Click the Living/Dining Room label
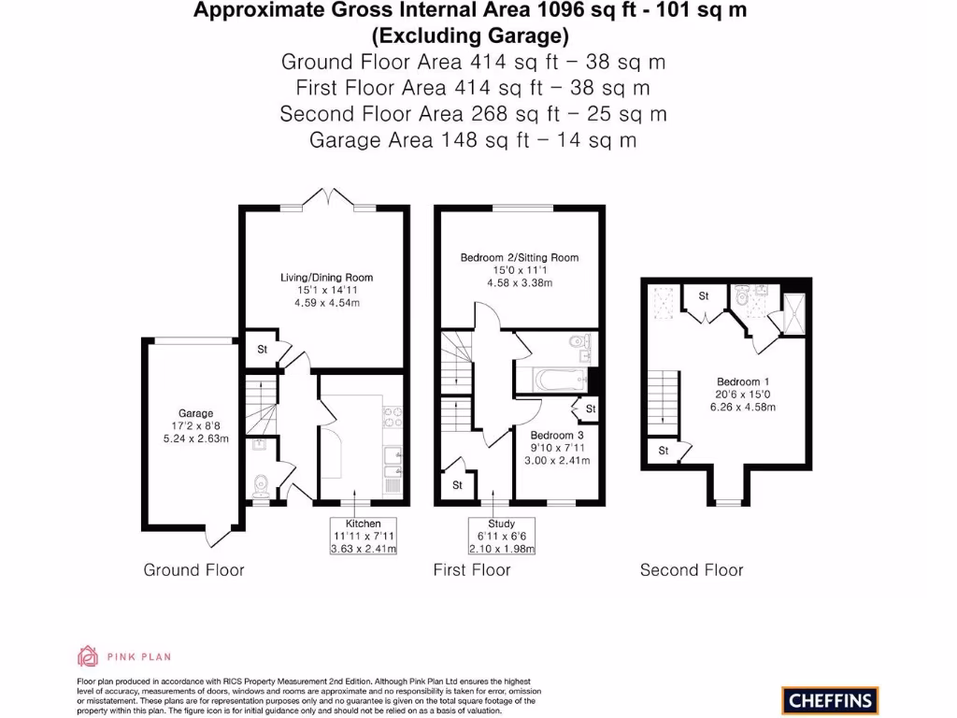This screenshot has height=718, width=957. [x=326, y=278]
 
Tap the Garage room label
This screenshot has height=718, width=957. [x=195, y=413]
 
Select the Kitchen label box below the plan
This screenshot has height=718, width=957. [x=364, y=536]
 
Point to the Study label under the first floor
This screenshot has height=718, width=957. [x=501, y=536]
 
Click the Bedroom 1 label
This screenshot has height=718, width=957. [x=743, y=381]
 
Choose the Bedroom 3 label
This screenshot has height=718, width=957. [x=556, y=436]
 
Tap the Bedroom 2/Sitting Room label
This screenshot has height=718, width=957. [x=519, y=257]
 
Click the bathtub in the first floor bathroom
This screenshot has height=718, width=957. [x=550, y=381]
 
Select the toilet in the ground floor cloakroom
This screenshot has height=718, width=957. [x=262, y=484]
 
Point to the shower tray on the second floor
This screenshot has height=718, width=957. [x=794, y=311]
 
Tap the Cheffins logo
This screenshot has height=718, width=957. [x=830, y=700]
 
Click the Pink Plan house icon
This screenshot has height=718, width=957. [x=88, y=656]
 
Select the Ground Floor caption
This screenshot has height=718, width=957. [x=193, y=569]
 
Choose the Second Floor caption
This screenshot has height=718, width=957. [x=691, y=569]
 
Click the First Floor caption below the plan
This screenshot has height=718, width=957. [x=472, y=569]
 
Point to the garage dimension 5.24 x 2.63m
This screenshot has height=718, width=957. [x=195, y=438]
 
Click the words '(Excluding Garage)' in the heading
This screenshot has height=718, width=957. [x=470, y=36]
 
